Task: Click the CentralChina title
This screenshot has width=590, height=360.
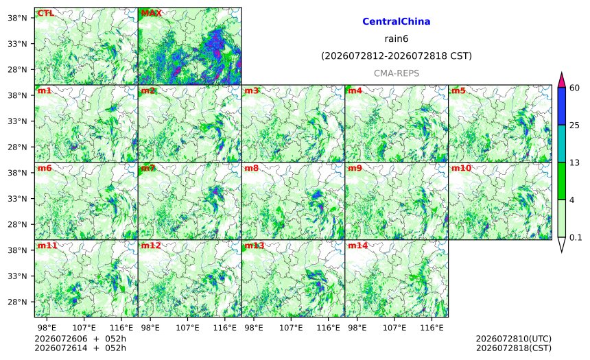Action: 397,21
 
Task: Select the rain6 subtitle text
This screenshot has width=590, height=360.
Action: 397,39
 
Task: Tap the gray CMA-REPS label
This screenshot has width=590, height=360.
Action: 397,73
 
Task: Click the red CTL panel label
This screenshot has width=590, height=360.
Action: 45,13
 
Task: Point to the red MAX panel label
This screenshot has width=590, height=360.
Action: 151,13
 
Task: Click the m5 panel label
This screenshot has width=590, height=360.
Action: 458,91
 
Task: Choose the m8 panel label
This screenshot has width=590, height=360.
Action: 251,168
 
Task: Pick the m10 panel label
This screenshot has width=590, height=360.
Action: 461,168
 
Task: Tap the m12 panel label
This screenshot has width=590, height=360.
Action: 150,245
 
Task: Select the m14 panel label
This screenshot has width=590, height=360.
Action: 357,245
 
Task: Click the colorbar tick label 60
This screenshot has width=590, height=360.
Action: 575,88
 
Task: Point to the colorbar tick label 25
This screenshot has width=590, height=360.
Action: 575,125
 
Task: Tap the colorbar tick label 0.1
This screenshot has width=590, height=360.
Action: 576,237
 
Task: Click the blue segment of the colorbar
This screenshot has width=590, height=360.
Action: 561,106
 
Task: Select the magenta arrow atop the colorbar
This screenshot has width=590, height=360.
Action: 561,80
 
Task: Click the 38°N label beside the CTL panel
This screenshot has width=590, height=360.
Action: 17,18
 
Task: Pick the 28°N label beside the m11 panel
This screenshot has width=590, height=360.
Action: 17,302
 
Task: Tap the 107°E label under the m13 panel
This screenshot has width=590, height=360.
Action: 291,328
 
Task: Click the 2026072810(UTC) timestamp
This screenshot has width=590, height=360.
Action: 514,339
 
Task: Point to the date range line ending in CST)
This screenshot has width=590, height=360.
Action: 397,56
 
